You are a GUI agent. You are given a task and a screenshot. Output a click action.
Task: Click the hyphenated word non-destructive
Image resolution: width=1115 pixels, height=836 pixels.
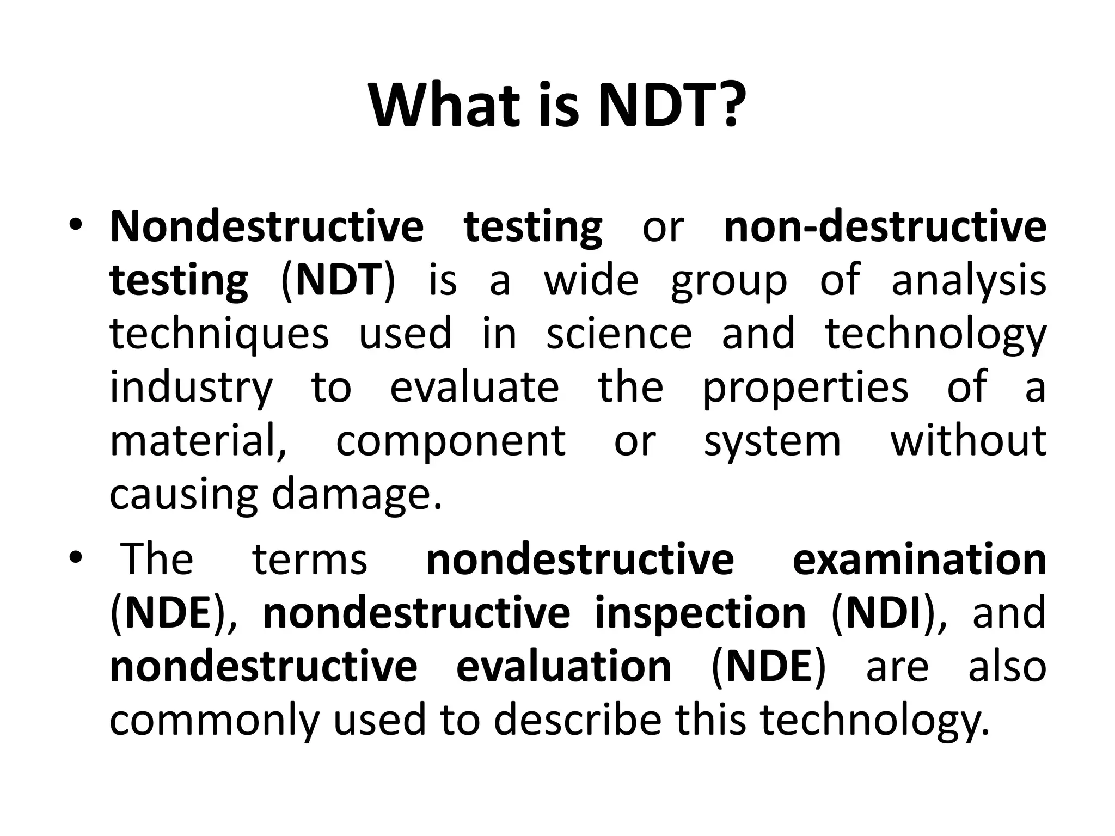point(885,226)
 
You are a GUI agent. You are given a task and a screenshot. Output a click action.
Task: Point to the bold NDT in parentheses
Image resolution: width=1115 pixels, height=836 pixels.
point(338,280)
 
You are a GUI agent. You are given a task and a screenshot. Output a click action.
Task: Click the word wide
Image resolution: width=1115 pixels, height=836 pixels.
point(591,280)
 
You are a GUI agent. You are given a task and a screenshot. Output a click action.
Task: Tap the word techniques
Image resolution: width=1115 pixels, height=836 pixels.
point(219,335)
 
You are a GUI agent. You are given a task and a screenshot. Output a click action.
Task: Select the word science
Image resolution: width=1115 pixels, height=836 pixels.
point(619,334)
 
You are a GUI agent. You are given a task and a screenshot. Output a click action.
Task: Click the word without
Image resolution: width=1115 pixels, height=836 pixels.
point(968,441)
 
